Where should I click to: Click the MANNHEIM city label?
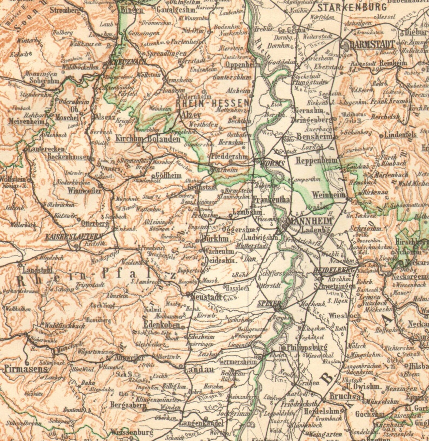click(309, 221)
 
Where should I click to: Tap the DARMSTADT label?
click(372, 44)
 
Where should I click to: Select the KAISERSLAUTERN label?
click(74, 237)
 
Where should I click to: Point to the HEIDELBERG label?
click(334, 270)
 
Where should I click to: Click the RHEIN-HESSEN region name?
click(212, 103)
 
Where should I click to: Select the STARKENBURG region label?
click(352, 7)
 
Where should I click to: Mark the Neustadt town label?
click(206, 297)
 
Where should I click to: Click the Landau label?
click(199, 370)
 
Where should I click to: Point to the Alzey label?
click(191, 115)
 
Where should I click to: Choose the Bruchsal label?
click(345, 396)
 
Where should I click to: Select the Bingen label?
click(132, 10)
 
